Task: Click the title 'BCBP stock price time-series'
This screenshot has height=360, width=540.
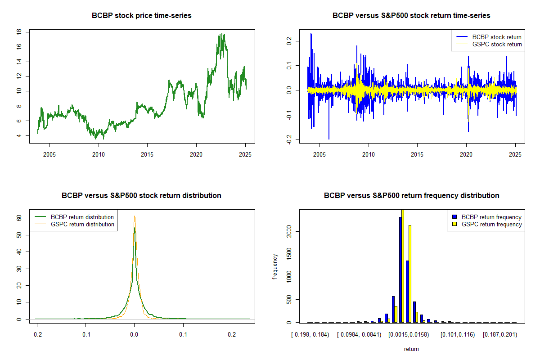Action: tap(141, 16)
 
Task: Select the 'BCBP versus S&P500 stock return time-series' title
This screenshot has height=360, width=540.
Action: tap(411, 16)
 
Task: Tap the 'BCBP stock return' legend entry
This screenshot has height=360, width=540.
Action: tap(497, 37)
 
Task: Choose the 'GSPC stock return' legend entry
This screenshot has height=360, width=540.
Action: tap(497, 44)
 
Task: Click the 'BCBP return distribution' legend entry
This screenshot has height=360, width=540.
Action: tap(82, 217)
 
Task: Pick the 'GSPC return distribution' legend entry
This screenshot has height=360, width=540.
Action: tap(82, 224)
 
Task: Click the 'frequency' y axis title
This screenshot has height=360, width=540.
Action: tap(275, 266)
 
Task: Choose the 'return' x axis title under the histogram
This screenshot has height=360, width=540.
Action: tap(411, 349)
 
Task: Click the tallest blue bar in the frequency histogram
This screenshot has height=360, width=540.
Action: tap(400, 270)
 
